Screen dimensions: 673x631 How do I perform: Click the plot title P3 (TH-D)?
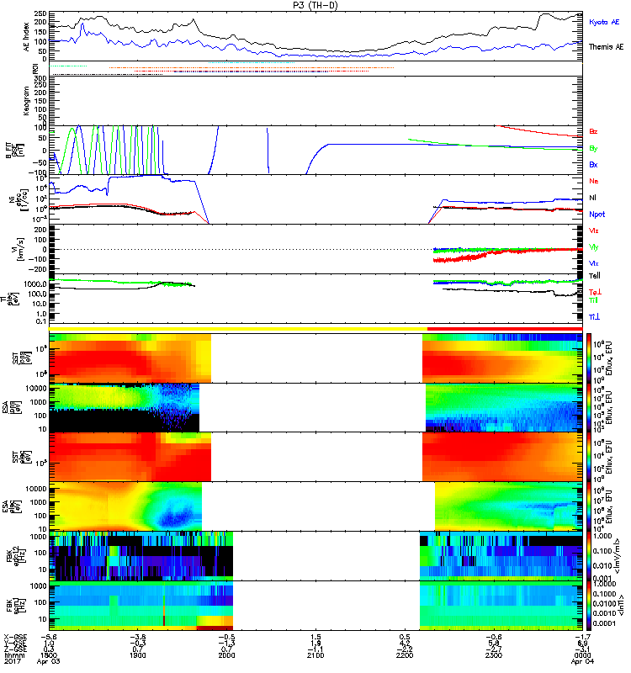tap(316, 5)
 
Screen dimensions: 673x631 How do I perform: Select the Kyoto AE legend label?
tap(604, 21)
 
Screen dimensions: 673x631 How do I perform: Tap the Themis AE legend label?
tap(606, 48)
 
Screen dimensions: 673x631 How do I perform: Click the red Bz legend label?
tap(594, 131)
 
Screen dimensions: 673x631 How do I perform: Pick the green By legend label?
tap(594, 148)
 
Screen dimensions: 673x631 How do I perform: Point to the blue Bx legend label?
tap(594, 165)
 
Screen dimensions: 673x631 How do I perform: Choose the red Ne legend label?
tap(594, 181)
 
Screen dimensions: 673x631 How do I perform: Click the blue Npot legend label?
tap(597, 215)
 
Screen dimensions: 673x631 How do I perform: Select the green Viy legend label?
tap(594, 246)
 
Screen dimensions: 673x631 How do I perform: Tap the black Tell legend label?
tap(595, 276)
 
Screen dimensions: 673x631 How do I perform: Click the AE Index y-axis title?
tap(13, 36)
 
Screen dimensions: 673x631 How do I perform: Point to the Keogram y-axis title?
tap(13, 100)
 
